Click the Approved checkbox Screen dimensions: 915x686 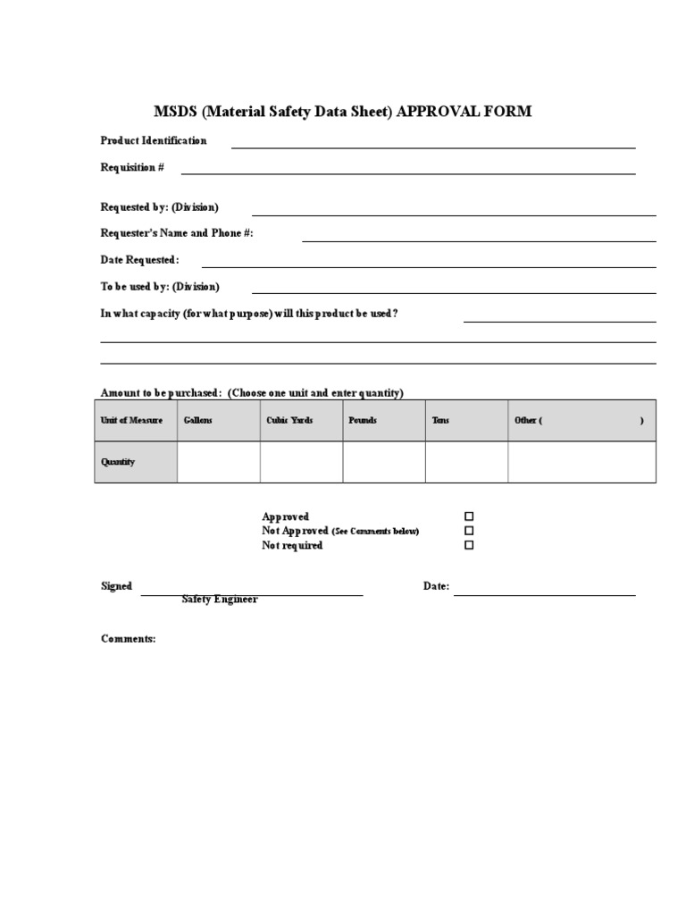pyautogui.click(x=469, y=516)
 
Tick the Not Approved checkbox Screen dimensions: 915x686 pyautogui.click(x=469, y=531)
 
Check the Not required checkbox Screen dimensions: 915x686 pyautogui.click(x=469, y=545)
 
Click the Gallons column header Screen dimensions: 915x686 pyautogui.click(x=197, y=420)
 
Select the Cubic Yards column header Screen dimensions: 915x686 pyautogui.click(x=289, y=420)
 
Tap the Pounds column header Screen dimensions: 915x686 pyautogui.click(x=363, y=420)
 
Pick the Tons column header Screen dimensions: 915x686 pyautogui.click(x=440, y=420)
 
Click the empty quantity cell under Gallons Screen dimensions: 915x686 pyautogui.click(x=219, y=462)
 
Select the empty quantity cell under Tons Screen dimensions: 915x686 pyautogui.click(x=466, y=462)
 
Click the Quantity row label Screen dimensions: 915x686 pyautogui.click(x=118, y=462)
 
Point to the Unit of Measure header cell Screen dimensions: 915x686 pyautogui.click(x=132, y=420)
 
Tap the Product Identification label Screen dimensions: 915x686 pyautogui.click(x=154, y=140)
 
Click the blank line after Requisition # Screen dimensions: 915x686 pyautogui.click(x=408, y=171)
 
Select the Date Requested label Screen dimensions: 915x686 pyautogui.click(x=140, y=260)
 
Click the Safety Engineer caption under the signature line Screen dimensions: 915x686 pyautogui.click(x=220, y=600)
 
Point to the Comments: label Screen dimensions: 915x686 pyautogui.click(x=129, y=639)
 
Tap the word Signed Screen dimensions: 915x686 pyautogui.click(x=116, y=586)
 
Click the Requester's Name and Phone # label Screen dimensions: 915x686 pyautogui.click(x=177, y=233)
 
